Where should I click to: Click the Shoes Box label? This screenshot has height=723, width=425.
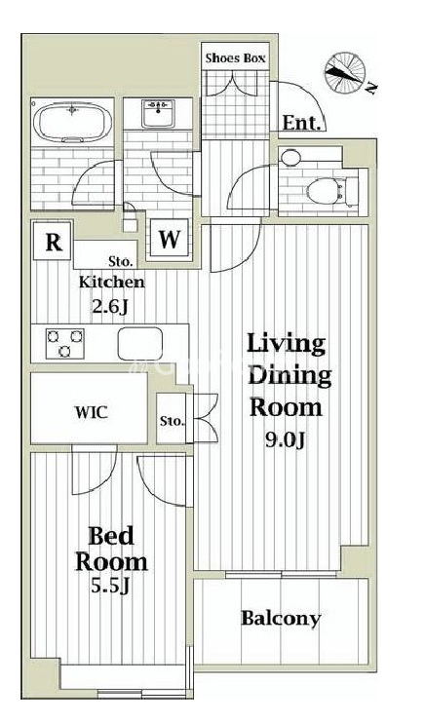(235, 58)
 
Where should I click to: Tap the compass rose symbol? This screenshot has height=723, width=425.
(345, 72)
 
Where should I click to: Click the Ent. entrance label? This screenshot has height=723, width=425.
(301, 123)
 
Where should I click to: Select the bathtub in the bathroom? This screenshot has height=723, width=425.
(73, 122)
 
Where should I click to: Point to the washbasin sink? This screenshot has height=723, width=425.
(158, 113)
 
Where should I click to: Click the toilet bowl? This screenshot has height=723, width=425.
(327, 191)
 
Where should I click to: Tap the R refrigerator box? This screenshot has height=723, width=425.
(54, 242)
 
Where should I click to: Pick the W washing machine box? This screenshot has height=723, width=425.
(169, 240)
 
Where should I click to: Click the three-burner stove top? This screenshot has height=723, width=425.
(65, 344)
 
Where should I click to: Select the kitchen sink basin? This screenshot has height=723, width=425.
(139, 344)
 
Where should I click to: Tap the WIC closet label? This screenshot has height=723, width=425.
(92, 412)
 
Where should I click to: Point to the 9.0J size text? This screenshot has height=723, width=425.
(285, 440)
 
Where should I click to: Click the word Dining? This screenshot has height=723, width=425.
(290, 376)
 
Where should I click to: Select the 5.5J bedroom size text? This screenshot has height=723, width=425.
(110, 587)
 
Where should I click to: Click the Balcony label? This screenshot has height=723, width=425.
(281, 619)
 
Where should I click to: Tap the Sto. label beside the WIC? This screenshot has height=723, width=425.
(173, 421)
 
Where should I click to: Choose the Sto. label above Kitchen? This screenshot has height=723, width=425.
(122, 263)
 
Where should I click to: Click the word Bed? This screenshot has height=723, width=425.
(111, 536)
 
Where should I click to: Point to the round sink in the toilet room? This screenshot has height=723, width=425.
(290, 158)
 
